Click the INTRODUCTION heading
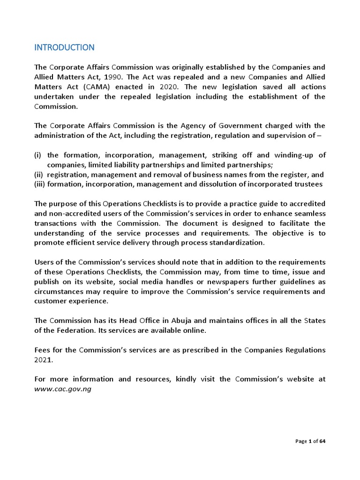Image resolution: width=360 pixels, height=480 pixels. tap(64, 47)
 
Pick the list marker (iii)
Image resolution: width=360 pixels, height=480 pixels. tap(40, 184)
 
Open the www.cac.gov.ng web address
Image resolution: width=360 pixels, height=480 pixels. tap(62, 389)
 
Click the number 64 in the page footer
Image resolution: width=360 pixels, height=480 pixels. tap(322, 441)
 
